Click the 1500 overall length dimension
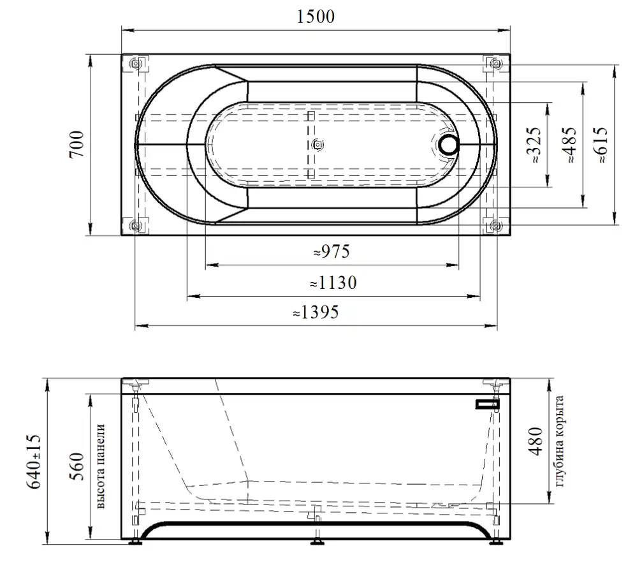(x=316, y=17)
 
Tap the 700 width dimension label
(x=77, y=144)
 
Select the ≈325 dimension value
(x=534, y=145)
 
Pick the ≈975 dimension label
(x=332, y=251)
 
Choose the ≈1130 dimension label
(x=333, y=283)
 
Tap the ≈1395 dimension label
(x=316, y=313)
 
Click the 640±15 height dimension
(x=34, y=462)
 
